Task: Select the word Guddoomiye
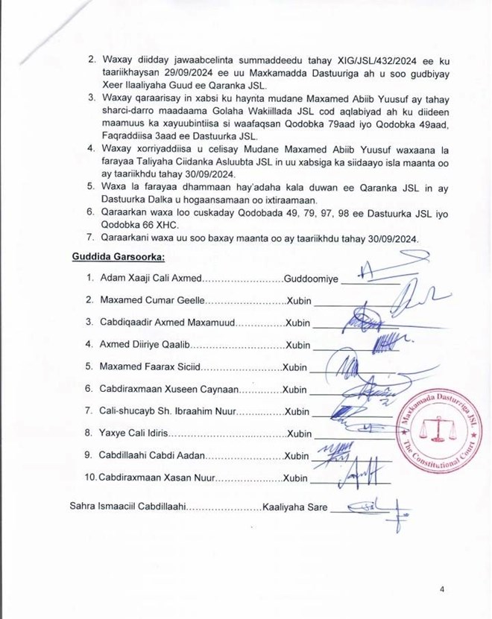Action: pos(312,279)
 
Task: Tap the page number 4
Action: pos(442,589)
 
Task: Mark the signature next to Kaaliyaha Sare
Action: pos(382,508)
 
